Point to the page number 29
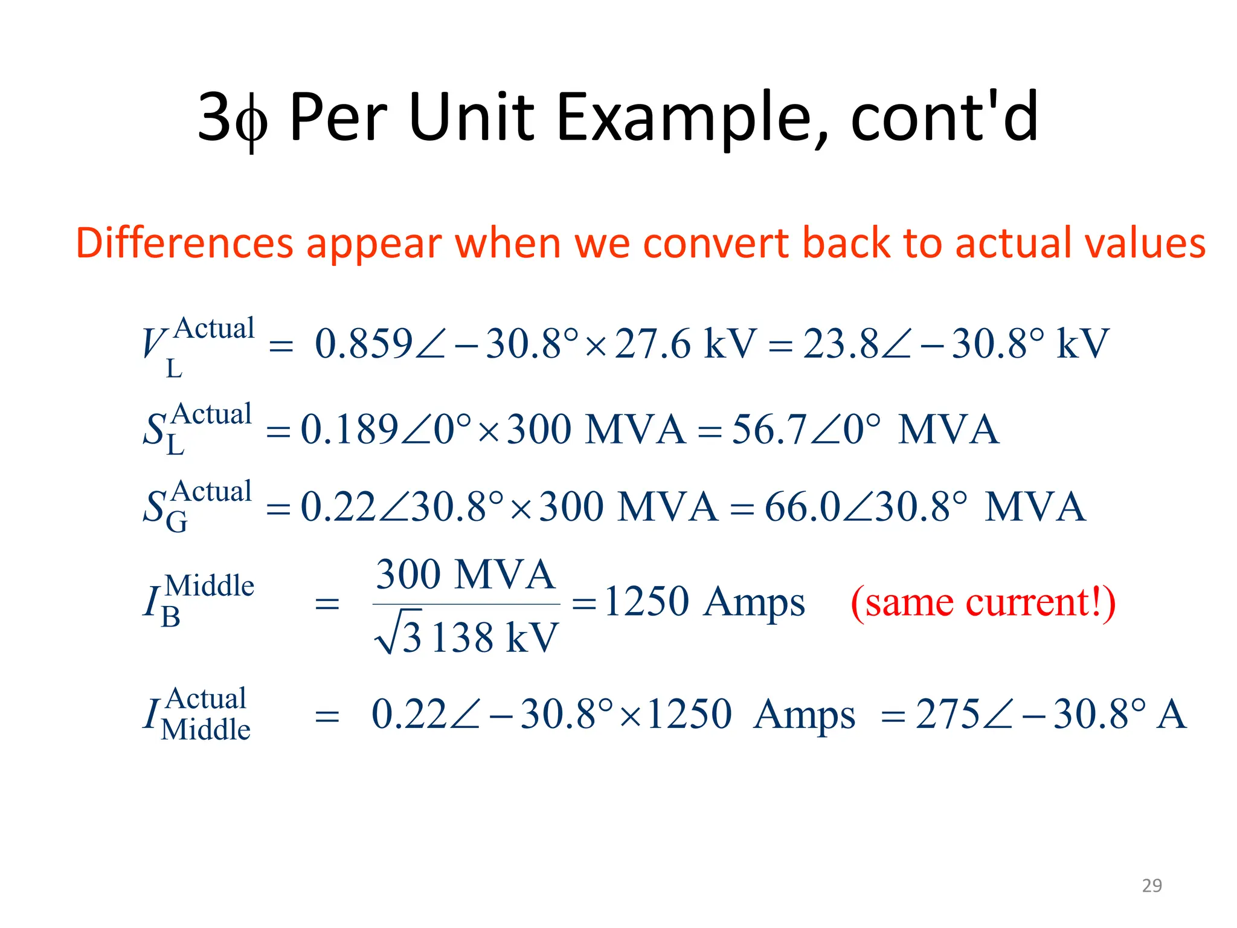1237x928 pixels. click(x=1151, y=885)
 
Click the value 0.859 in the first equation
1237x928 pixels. click(x=364, y=343)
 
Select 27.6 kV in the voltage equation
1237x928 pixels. click(x=685, y=343)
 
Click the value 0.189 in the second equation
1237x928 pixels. click(x=349, y=429)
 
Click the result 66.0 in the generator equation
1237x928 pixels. click(x=802, y=506)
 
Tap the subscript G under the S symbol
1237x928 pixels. click(x=176, y=522)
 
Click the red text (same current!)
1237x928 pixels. click(x=982, y=602)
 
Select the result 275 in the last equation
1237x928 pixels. click(x=947, y=714)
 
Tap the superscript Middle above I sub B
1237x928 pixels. click(x=209, y=585)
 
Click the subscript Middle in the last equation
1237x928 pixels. click(x=205, y=729)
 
